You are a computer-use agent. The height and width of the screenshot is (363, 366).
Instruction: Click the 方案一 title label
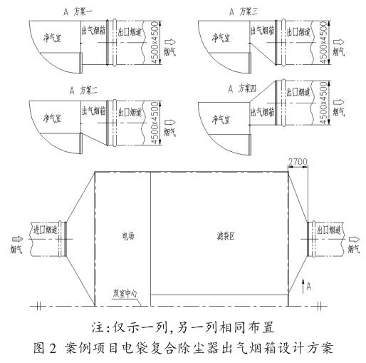coord(83,12)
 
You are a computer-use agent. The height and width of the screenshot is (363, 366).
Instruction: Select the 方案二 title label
coord(88,91)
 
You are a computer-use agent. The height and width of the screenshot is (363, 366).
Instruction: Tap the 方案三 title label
coord(249,11)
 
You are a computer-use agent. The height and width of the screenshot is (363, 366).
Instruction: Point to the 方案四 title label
coord(247,88)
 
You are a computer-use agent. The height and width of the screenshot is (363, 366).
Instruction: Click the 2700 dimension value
coord(298,162)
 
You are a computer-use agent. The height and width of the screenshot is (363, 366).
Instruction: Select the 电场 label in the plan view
coord(128,236)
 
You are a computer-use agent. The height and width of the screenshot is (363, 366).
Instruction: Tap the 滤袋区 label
coord(226,236)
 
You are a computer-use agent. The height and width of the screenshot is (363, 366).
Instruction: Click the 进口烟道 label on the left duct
coord(46,230)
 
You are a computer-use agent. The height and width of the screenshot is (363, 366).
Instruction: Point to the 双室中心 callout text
coord(125,294)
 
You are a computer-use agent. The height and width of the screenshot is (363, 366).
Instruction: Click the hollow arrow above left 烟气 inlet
coord(18,239)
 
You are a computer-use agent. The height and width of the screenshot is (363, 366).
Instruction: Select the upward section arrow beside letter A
coord(303,287)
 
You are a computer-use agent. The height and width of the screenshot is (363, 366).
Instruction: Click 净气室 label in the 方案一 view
coord(52,38)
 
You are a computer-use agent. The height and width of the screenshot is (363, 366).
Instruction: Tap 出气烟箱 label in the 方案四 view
coord(263,111)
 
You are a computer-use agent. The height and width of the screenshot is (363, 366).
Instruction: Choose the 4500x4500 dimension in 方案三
coord(323,42)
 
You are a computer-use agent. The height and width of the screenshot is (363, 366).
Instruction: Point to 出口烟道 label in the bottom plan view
coord(329,230)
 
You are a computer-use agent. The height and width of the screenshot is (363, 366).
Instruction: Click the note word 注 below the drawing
coord(98,327)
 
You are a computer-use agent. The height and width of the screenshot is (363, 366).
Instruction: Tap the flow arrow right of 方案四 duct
coord(339,102)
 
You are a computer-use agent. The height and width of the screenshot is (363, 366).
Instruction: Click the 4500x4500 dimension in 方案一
coord(155,42)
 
